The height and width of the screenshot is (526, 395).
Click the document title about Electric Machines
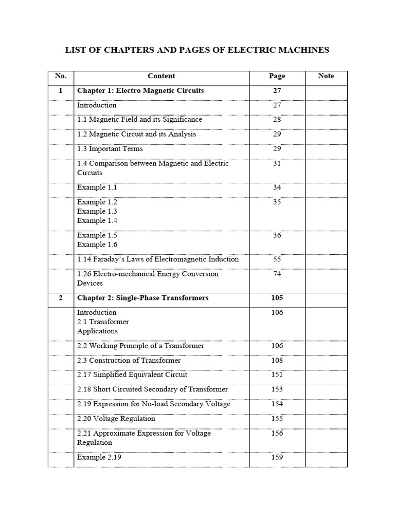(x=197, y=50)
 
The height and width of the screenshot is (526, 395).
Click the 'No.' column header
(x=61, y=76)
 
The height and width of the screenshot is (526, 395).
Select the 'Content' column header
(x=161, y=76)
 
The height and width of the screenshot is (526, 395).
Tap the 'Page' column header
(x=277, y=76)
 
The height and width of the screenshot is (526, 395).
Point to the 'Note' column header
(x=326, y=76)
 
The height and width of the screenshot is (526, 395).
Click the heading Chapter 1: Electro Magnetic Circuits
(x=140, y=90)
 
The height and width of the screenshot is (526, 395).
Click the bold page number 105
(x=277, y=298)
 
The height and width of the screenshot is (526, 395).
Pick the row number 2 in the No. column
(x=61, y=298)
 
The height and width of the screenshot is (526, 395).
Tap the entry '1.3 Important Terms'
(x=110, y=149)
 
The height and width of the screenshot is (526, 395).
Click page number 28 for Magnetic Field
(x=277, y=120)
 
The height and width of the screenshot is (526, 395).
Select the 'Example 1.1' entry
(x=97, y=187)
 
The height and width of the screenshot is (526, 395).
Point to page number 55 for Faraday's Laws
(x=277, y=259)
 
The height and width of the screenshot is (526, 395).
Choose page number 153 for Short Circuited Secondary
(x=277, y=389)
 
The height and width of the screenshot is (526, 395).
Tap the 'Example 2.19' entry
(x=99, y=457)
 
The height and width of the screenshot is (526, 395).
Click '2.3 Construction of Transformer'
(x=129, y=361)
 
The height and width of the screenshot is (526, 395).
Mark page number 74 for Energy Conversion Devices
(x=277, y=274)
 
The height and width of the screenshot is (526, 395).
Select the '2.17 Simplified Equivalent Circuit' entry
(x=132, y=375)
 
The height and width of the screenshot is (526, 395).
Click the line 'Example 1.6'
(x=97, y=245)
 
